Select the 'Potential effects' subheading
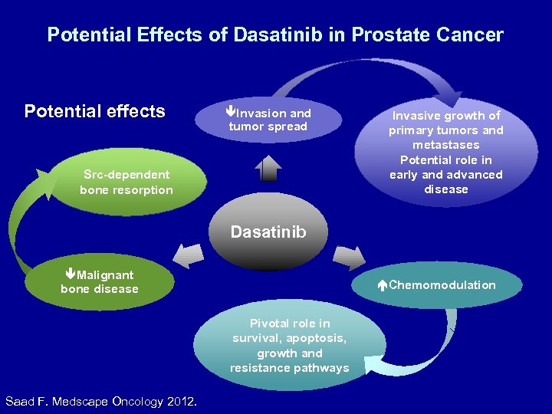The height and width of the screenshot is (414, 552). [94, 111]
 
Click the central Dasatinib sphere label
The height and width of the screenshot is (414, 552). [268, 232]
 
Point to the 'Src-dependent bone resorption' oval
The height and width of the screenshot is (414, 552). [127, 182]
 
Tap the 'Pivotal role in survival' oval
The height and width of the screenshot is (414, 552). [289, 347]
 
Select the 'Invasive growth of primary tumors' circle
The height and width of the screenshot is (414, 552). [445, 152]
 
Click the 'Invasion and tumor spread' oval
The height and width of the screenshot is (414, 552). [268, 120]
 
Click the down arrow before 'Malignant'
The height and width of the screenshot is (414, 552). [70, 274]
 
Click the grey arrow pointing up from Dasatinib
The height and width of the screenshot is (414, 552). [268, 167]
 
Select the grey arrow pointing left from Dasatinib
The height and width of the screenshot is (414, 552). [189, 255]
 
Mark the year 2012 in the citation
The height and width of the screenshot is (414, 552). [179, 401]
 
